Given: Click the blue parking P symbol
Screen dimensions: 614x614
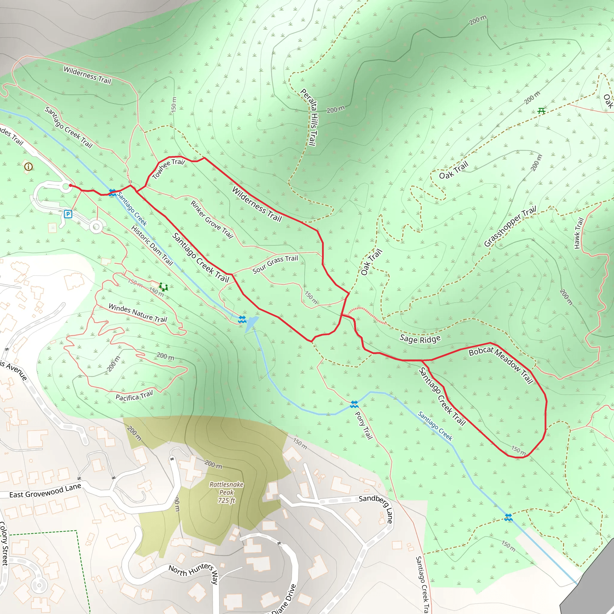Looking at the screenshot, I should point(68,214).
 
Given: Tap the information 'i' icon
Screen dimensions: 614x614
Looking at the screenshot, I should point(28,166).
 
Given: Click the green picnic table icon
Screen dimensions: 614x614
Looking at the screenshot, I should point(541,111).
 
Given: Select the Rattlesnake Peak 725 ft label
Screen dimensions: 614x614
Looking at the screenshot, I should point(226,492).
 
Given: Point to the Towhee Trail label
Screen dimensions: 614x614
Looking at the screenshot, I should point(168,169).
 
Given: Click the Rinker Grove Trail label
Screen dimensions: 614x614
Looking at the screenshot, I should point(212,219).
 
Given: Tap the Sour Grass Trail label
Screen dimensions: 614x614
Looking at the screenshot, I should point(275,264).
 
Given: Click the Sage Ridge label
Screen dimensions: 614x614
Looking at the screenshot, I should point(420,339).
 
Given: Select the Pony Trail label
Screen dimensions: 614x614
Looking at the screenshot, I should point(363,425).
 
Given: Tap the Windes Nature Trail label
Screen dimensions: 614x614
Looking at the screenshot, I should point(138,313).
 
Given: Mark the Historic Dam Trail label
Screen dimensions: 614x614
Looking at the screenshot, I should point(152,246).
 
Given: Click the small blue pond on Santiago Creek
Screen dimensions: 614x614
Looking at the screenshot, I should point(251,323).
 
